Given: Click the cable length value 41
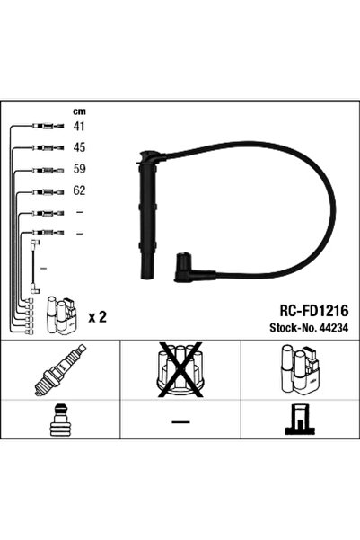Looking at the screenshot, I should point(78,127).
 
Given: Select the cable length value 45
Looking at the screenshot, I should point(78,148).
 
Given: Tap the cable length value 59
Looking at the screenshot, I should point(78,170).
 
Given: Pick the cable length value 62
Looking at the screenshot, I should point(78,191).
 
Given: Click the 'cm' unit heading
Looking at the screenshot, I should point(78,111).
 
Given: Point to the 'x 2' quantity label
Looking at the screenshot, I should point(98,317).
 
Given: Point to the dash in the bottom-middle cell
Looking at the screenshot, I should point(180,421).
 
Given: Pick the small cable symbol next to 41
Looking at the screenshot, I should point(42,127).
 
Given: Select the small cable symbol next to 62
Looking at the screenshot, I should point(42,191).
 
